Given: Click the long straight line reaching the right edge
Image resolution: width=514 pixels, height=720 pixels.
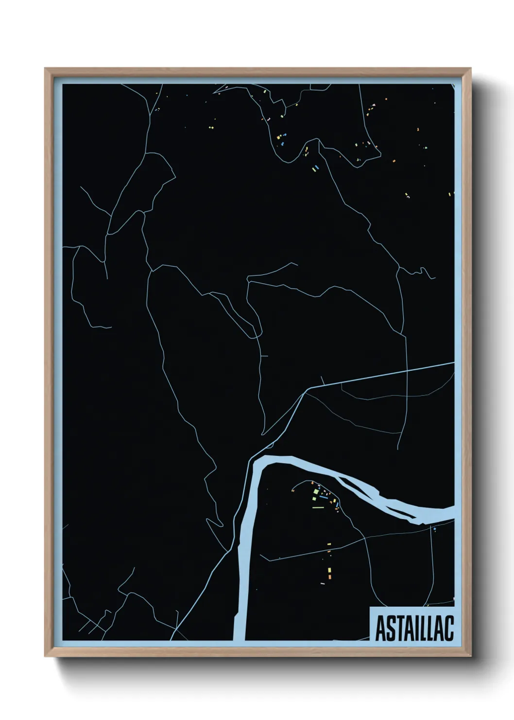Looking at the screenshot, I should tap(389, 374).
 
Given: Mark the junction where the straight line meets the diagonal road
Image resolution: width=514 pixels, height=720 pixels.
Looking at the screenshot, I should tap(305, 390).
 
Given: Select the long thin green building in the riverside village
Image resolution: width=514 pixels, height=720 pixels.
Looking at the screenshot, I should tap(318, 507).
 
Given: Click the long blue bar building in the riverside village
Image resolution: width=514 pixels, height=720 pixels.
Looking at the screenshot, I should tap(324, 497).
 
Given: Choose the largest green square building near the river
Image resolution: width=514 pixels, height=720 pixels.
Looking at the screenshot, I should tap(316, 492).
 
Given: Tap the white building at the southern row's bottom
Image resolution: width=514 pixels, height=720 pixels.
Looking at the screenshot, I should tap(322, 583).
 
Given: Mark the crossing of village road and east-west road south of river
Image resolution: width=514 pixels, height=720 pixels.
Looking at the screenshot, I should tap(364, 540).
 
